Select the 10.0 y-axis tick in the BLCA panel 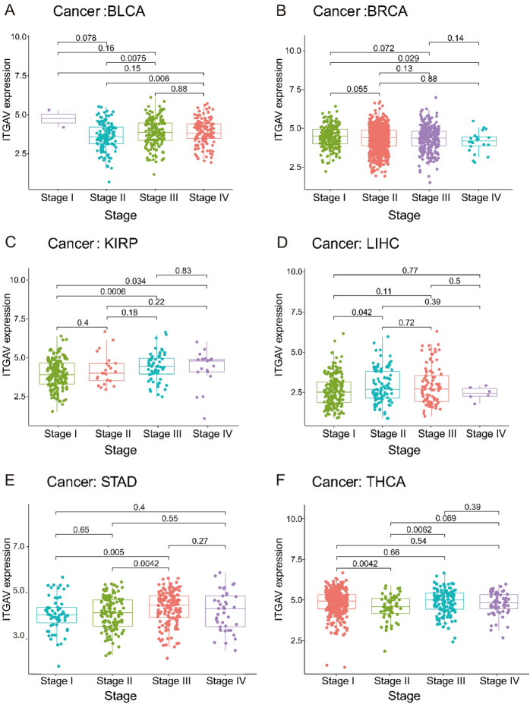coord(19,37)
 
